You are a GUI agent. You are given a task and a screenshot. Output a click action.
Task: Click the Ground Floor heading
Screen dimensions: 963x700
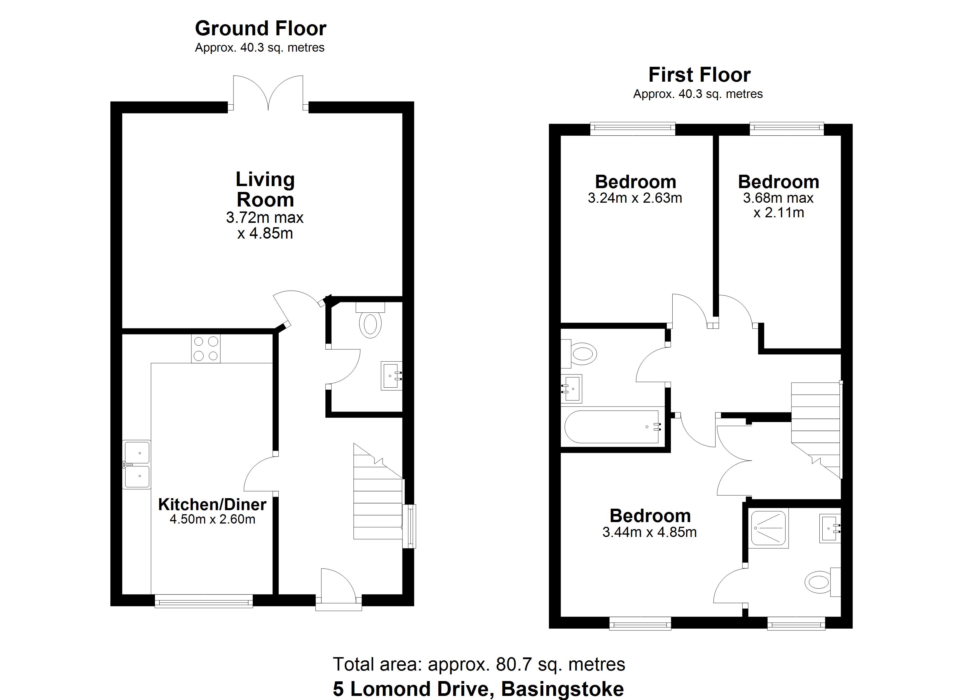(260, 29)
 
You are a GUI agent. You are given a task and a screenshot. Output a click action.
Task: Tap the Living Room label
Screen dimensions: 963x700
(265, 189)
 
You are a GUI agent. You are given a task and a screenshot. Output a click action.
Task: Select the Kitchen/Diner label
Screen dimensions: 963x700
(212, 504)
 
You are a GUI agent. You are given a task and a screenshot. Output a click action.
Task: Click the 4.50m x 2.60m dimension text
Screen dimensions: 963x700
(212, 519)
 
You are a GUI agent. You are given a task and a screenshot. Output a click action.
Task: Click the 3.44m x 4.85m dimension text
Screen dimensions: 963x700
(650, 532)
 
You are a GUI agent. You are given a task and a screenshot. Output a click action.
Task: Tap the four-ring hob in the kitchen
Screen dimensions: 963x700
(206, 349)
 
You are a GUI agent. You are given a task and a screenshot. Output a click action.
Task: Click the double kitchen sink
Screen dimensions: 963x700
(137, 464)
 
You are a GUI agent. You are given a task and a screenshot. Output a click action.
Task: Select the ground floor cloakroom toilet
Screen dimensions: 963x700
(370, 321)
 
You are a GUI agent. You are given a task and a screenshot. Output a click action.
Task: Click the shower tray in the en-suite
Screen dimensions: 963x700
(769, 528)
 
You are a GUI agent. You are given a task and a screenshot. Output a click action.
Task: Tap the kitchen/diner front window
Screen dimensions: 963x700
(203, 601)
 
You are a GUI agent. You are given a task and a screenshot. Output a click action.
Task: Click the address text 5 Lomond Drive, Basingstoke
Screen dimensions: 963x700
(479, 689)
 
